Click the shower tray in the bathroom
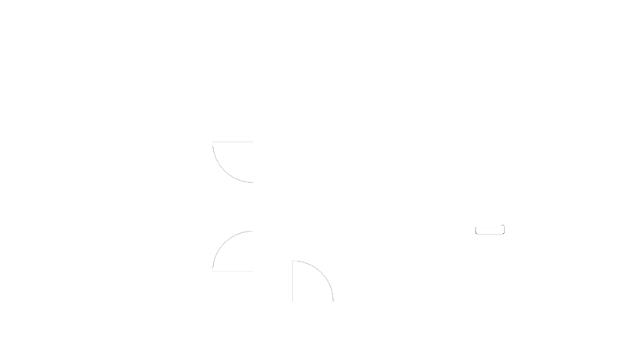coord(282,122)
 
